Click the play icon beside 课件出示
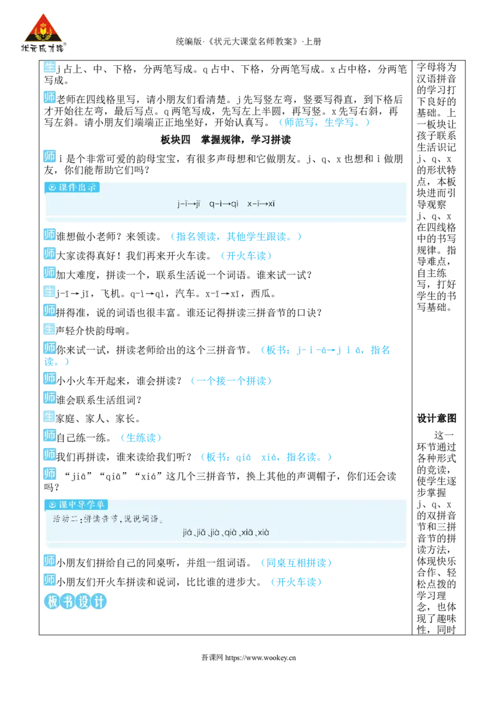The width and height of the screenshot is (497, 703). pyautogui.click(x=52, y=188)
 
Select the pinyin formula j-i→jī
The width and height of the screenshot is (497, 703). pyautogui.click(x=189, y=203)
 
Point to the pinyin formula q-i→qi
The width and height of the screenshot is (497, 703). pyautogui.click(x=224, y=203)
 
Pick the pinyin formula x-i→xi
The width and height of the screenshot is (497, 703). pyautogui.click(x=261, y=203)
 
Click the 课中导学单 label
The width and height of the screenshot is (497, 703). pyautogui.click(x=82, y=504)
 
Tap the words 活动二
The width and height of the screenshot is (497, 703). pyautogui.click(x=64, y=519)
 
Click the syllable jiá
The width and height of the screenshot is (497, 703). pyautogui.click(x=189, y=532)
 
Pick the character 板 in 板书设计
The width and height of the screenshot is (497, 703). pyautogui.click(x=52, y=602)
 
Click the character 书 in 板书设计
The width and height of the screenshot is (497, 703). pyautogui.click(x=67, y=602)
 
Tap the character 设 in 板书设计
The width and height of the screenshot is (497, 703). pyautogui.click(x=83, y=602)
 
